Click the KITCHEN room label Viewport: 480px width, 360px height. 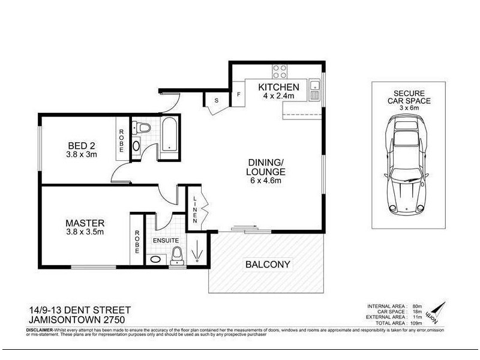point(278,88)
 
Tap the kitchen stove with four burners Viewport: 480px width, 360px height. point(280,71)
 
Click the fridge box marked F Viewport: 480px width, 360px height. point(238,94)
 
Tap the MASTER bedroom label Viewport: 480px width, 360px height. point(85,223)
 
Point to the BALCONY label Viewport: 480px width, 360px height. point(268,264)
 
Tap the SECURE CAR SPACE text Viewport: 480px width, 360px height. point(406,101)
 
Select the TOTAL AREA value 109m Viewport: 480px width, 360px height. point(416,323)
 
